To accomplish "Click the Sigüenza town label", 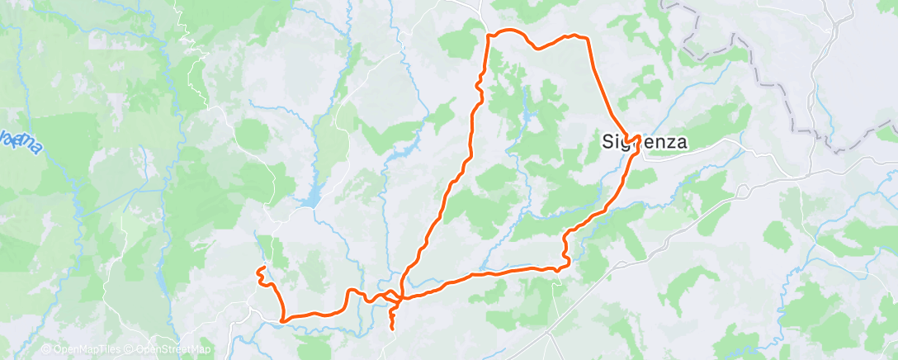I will tap(642, 142).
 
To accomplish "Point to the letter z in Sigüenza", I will tap(668, 142).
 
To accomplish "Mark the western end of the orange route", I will tap(259, 270).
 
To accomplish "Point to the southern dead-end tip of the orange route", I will tap(391, 329).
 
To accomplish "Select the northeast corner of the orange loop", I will tap(587, 38).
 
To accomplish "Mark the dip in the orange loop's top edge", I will tap(538, 48).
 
